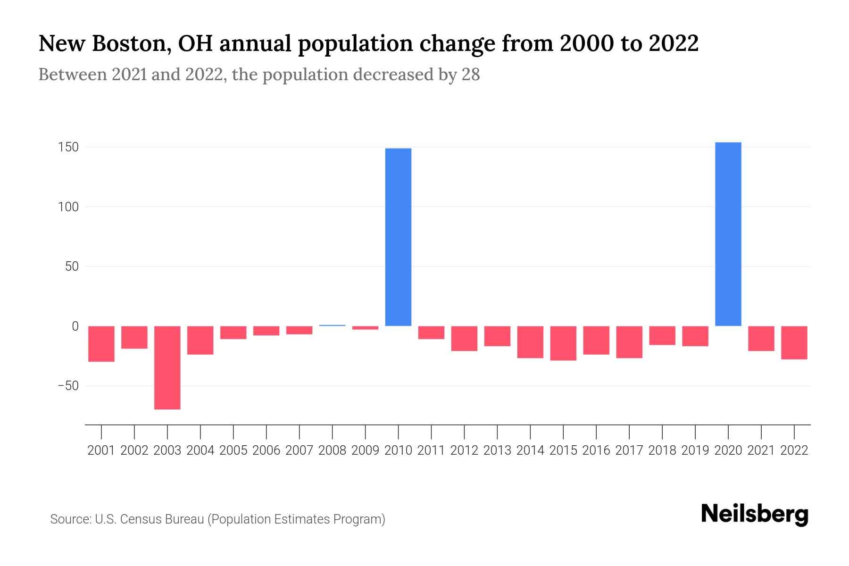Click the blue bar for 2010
pos(398,237)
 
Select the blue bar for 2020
pos(728,234)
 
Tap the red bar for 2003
pos(167,367)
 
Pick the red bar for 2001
pos(101,344)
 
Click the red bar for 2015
pos(563,343)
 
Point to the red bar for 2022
pos(794,342)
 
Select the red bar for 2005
pos(233,333)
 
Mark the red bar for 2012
pos(464,338)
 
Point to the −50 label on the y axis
pos(68,386)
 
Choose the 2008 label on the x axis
pos(332,450)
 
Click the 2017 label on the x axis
pos(629,450)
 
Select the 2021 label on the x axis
pos(761,450)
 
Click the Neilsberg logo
pos(755,514)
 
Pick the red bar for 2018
pos(662,335)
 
